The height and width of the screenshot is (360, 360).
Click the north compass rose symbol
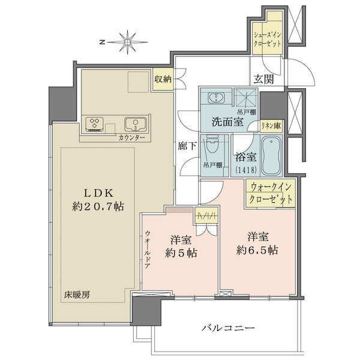128,42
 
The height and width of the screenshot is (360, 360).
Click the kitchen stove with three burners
95,124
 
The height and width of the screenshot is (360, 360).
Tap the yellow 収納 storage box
162,79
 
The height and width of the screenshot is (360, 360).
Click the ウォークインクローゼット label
271,194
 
